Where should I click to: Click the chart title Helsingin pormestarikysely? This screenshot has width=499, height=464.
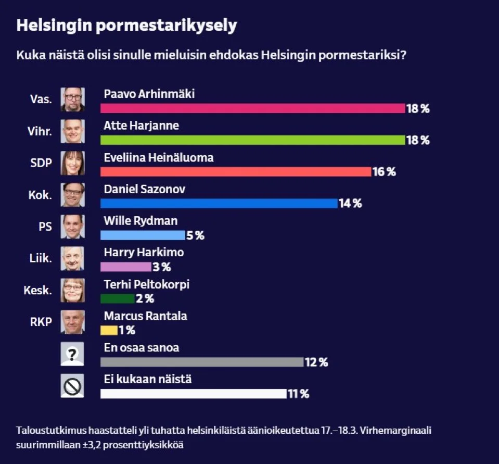coord(126,26)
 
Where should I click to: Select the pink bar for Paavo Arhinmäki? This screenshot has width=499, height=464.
coord(252,108)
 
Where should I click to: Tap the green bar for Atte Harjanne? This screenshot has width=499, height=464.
coord(252,140)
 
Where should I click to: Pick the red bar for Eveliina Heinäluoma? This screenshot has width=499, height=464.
coord(235,172)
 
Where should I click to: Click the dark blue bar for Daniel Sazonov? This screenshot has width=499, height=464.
coord(219,204)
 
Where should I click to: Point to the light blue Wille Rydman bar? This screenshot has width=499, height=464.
coord(143,235)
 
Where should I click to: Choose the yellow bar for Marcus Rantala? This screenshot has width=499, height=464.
coord(109,330)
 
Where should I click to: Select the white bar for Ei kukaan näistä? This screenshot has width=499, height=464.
coord(193,394)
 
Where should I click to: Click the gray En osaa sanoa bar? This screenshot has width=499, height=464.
coord(201,362)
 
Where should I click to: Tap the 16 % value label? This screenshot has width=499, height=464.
coord(384,172)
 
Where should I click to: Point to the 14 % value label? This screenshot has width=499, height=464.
coord(350,204)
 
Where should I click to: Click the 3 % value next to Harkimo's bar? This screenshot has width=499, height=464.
coord(162,267)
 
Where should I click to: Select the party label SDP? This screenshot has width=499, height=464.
coord(42,163)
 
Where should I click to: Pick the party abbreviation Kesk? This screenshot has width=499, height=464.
coord(38,290)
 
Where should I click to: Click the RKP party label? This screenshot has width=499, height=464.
coord(41,322)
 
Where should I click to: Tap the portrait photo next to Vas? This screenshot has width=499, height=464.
coord(72,99)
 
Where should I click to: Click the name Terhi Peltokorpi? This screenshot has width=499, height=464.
coord(147,284)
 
